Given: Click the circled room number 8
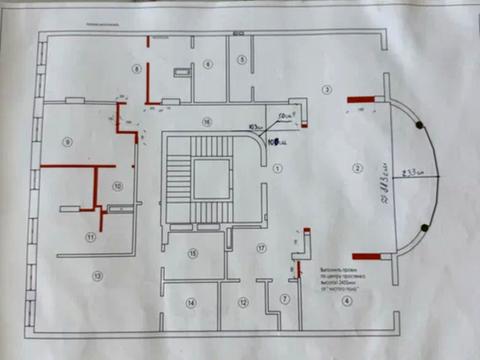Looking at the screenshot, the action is tap(134, 67).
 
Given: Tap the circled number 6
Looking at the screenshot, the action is tap(208, 64).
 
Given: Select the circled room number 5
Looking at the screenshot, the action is tap(242, 60).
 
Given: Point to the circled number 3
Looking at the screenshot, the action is tap(326, 90).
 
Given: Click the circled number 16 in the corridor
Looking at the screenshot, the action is tap(206, 121).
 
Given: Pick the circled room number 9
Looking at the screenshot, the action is tap(68, 142).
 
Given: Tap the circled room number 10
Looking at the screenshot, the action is tap(117, 186).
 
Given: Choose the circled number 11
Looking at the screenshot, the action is tap(90, 237).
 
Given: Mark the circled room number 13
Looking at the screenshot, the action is tap(97, 273).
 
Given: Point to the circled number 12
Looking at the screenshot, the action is tap(242, 301).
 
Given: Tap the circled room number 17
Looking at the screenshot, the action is tap(261, 247).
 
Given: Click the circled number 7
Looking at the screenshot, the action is tap(285, 299).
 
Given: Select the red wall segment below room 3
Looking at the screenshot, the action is tap(361, 99).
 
